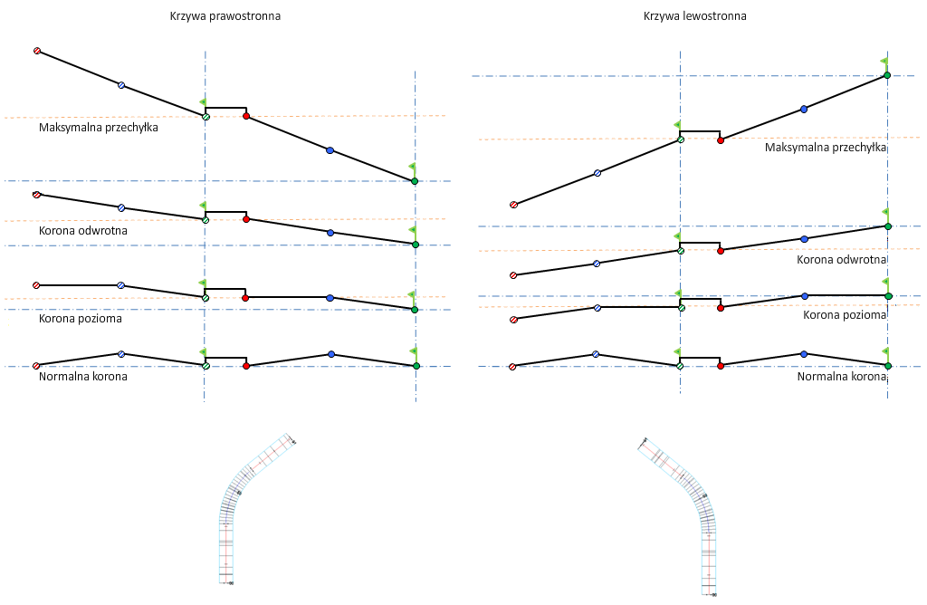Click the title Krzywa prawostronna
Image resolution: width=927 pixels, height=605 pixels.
[x=225, y=16]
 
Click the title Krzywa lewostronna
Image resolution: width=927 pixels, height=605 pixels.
[x=694, y=16]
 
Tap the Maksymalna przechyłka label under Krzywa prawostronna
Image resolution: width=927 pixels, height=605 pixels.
[x=99, y=128]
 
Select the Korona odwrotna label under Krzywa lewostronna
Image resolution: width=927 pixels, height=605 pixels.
[x=841, y=260]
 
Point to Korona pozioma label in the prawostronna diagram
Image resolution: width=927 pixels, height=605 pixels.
[x=80, y=319]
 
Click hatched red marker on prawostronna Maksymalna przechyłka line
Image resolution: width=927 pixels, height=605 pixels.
[x=37, y=51]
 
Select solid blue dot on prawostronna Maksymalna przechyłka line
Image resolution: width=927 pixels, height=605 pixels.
[x=330, y=150]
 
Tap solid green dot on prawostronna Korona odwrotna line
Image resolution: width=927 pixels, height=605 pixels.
[x=415, y=245]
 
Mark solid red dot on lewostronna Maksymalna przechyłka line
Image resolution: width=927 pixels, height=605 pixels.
[x=720, y=140]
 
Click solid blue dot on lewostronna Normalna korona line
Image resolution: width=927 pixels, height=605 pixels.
[x=803, y=354]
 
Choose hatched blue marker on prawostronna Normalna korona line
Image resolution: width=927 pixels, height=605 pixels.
[x=121, y=354]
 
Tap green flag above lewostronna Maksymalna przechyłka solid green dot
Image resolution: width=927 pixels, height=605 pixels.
[x=884, y=62]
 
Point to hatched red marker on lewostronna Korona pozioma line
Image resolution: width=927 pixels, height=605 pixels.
[x=513, y=319]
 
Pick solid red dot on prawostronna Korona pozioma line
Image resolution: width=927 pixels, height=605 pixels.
[x=245, y=297]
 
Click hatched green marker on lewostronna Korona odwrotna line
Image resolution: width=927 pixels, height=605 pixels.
[x=681, y=251]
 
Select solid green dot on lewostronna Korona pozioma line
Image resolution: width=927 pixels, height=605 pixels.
[x=888, y=296]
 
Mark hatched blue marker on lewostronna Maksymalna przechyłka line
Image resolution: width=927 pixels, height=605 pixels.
[x=597, y=173]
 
